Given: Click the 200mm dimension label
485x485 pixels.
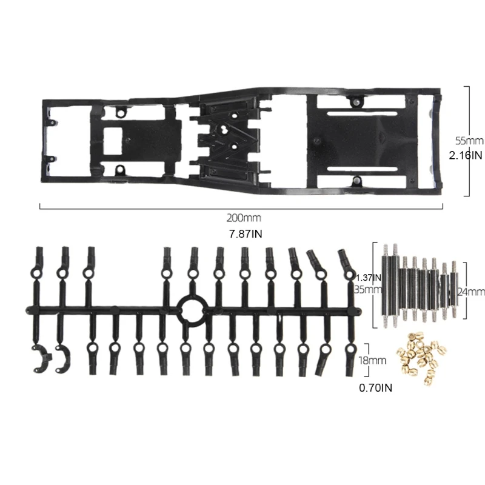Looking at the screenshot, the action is (x=244, y=218).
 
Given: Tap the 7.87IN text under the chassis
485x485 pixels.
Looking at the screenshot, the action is (x=246, y=234).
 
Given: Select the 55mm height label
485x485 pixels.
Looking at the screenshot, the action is (x=469, y=141).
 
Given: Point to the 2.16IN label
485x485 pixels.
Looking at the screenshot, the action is (x=466, y=155).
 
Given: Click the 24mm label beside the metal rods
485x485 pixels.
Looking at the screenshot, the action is (x=471, y=292).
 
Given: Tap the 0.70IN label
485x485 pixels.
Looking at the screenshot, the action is (x=375, y=388).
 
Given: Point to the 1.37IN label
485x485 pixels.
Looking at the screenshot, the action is (x=369, y=278).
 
